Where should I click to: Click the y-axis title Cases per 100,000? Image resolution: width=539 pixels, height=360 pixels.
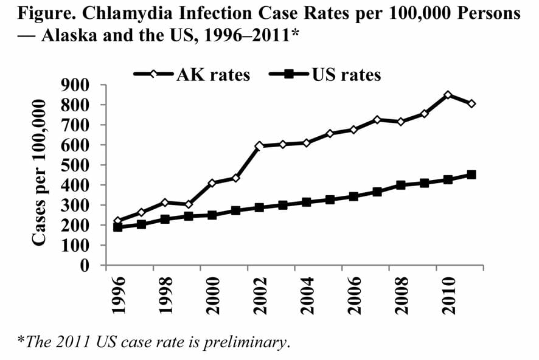tap(40, 173)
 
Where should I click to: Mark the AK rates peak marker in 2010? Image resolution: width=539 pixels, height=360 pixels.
tap(448, 95)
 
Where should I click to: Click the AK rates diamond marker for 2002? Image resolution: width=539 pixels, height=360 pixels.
tap(259, 146)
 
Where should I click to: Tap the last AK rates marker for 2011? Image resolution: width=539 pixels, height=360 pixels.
tap(471, 104)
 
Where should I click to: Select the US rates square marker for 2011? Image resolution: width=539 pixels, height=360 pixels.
tap(471, 175)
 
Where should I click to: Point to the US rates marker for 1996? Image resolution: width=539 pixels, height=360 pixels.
tap(118, 227)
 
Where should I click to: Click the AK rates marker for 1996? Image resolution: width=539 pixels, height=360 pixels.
tap(118, 221)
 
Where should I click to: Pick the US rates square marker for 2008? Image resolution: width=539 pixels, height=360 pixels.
tap(401, 185)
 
